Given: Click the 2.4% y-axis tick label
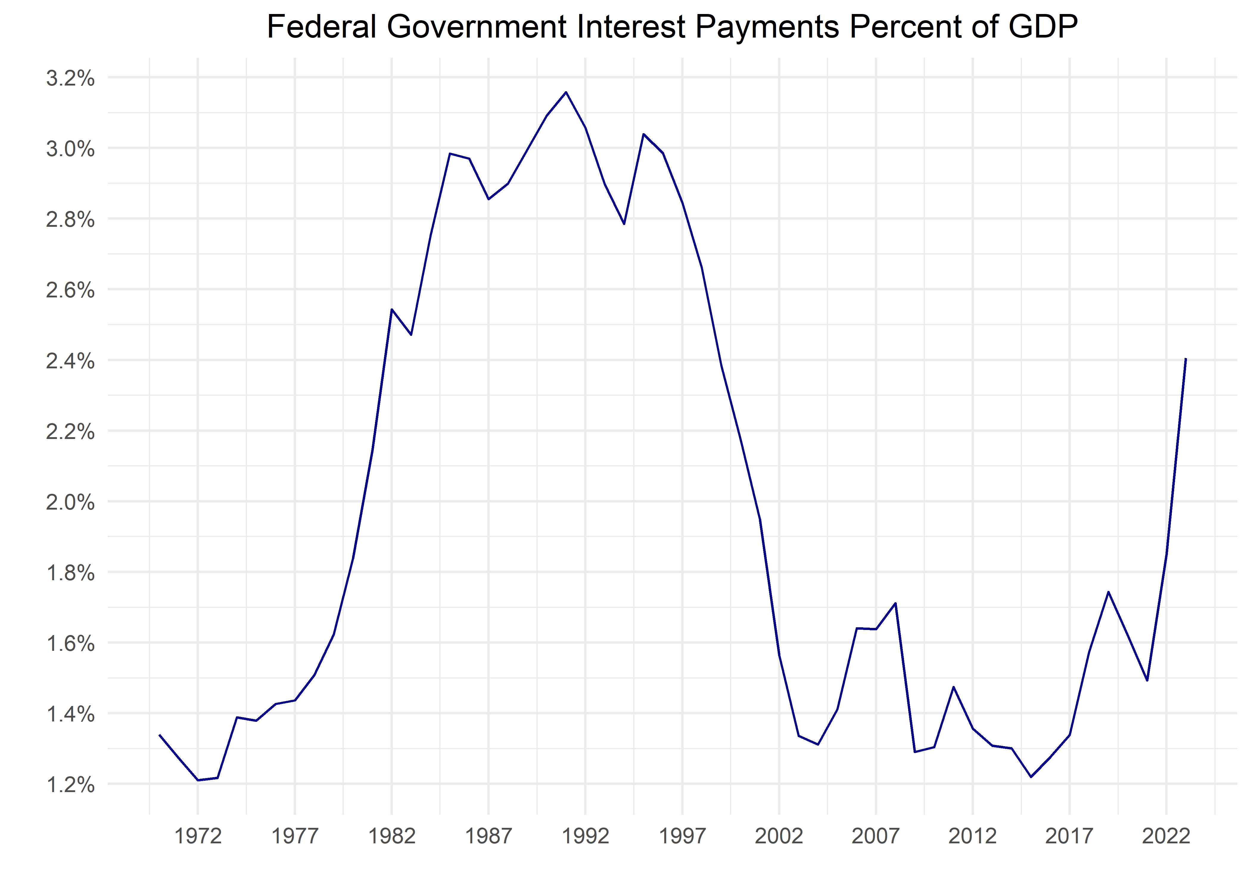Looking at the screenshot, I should pos(70,361).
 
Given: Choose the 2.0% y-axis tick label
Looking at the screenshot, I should pos(70,502).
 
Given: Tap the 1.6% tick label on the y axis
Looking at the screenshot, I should pos(70,643).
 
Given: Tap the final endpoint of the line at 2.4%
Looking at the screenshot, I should pos(1185,359).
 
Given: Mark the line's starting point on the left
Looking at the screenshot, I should pos(160,735).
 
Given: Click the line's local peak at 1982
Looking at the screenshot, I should pos(392,309).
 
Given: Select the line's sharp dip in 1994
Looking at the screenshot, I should pos(624,224).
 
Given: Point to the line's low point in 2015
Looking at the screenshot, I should pos(1031,777).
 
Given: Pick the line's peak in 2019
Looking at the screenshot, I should pos(1108,592).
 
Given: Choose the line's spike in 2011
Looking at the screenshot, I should pos(953,687).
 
